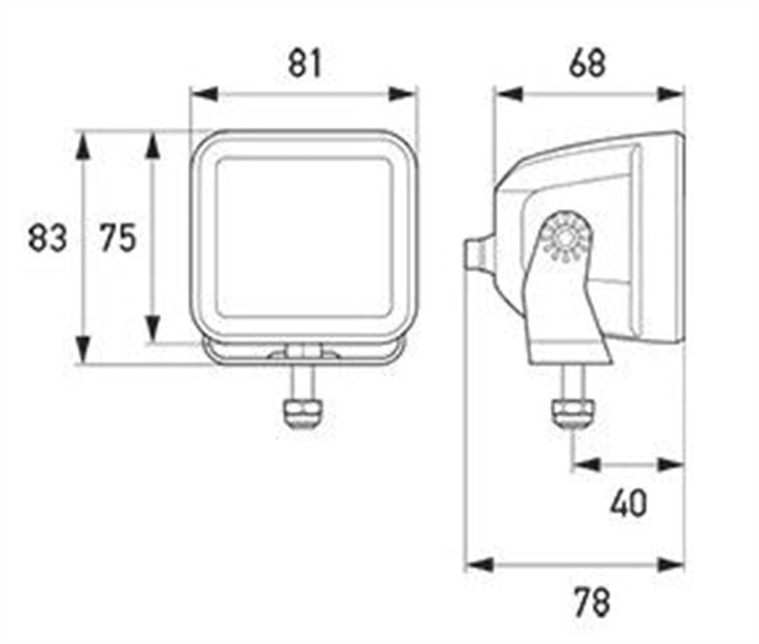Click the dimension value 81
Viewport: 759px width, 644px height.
(305, 64)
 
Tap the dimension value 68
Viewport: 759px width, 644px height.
(587, 64)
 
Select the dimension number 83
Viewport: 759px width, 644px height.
(46, 237)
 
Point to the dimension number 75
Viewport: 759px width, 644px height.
(118, 237)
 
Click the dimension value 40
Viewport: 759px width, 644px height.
(628, 503)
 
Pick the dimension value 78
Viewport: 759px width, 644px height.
(592, 602)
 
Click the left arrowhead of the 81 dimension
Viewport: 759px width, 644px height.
(204, 94)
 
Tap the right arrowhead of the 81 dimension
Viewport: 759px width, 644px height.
(402, 94)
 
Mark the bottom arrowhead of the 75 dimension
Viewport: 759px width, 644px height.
(153, 329)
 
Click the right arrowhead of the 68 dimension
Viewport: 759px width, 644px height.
(671, 94)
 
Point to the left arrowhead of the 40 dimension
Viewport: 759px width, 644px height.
(586, 465)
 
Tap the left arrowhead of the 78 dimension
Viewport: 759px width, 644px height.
(479, 564)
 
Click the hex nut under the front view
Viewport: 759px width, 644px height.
(303, 413)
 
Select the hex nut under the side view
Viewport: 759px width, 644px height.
(573, 413)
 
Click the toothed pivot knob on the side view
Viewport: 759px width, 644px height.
(565, 237)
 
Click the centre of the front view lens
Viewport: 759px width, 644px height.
(304, 237)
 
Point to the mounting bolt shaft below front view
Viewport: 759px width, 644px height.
(303, 381)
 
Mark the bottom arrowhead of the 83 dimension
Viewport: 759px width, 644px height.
(83, 349)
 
